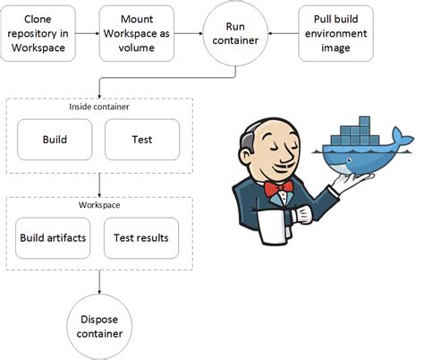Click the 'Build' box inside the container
55,141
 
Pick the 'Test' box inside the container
140,141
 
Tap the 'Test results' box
140,237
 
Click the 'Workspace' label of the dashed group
98,205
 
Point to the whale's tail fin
403,139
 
